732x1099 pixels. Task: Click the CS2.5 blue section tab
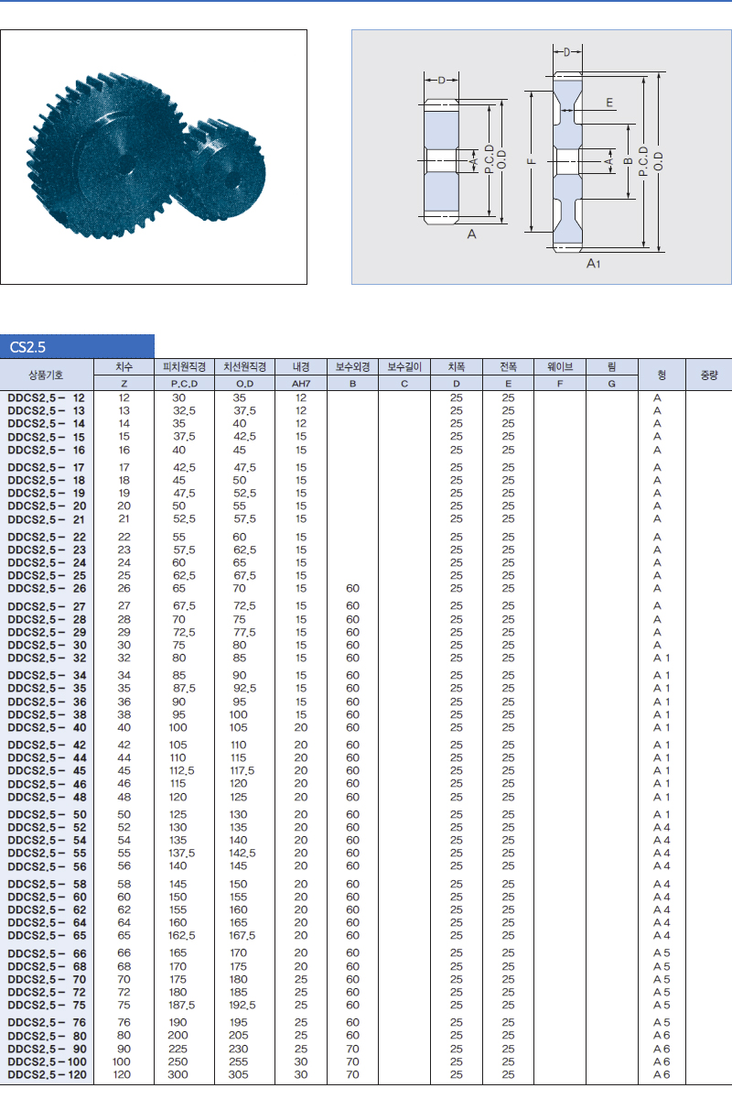[77, 346]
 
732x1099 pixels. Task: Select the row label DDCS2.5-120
[47, 1074]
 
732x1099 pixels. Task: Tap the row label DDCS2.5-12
[46, 397]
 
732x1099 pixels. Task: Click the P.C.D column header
[184, 383]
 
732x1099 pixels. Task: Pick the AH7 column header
[301, 383]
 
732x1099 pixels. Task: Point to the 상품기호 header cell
[46, 375]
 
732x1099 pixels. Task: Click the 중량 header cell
[709, 375]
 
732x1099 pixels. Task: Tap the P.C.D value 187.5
[182, 1005]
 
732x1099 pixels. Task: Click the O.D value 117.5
[242, 770]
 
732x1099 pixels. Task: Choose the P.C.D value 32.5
[184, 410]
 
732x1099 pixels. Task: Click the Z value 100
[122, 1061]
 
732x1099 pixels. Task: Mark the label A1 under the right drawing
[593, 264]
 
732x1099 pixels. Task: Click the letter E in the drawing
[609, 102]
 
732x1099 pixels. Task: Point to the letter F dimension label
[532, 161]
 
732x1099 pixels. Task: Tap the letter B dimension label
[628, 161]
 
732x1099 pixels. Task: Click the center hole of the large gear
[125, 164]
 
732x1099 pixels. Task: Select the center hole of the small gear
[231, 181]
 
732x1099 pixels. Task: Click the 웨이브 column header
[559, 366]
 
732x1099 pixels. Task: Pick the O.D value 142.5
[242, 853]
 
